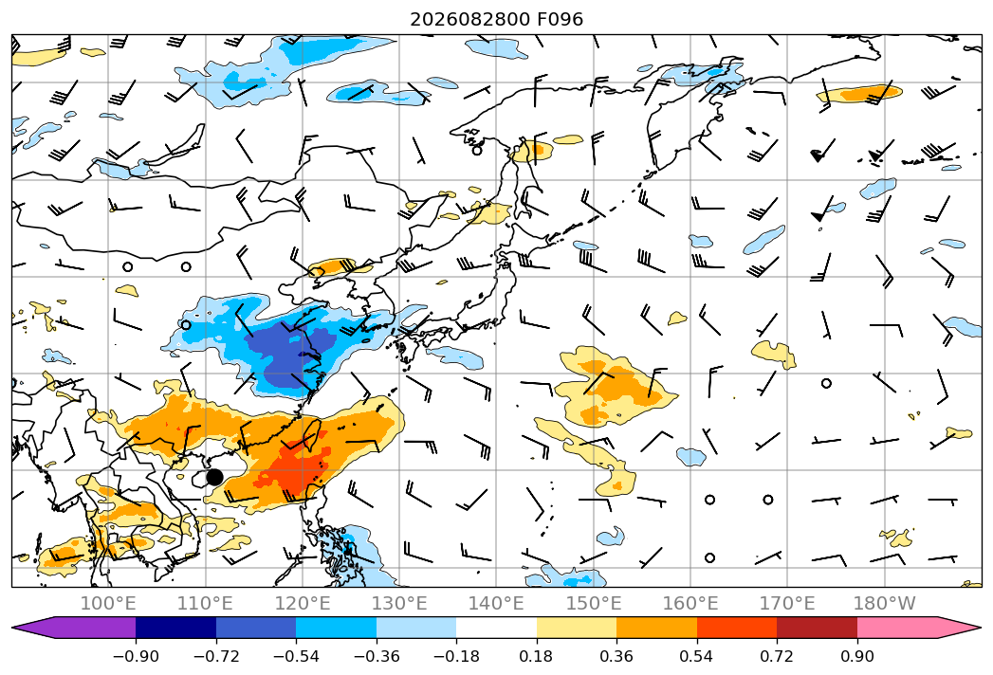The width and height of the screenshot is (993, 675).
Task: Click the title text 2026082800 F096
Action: click(497, 19)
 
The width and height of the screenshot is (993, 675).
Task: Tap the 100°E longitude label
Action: click(108, 603)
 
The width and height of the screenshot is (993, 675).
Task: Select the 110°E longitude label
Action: click(205, 603)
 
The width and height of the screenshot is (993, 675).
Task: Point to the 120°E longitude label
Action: click(303, 603)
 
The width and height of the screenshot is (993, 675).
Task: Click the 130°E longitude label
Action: click(399, 603)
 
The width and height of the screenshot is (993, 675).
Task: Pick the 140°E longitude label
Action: click(496, 603)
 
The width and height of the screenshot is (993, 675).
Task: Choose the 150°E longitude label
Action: click(594, 603)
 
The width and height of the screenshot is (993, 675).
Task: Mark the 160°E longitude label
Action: click(690, 603)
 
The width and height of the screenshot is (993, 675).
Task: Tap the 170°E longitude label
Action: click(787, 603)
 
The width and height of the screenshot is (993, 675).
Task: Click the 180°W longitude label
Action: click(884, 603)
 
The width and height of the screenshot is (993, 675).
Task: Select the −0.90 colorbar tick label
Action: click(136, 656)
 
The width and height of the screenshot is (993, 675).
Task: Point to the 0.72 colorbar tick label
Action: click(777, 656)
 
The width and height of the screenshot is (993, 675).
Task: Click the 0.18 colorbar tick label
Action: click(537, 656)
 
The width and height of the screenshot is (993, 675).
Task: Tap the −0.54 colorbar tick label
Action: click(296, 656)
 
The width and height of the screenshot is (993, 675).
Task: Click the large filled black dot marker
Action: click(214, 477)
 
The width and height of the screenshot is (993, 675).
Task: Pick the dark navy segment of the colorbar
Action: click(175, 628)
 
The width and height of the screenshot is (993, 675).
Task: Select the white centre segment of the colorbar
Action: click(497, 628)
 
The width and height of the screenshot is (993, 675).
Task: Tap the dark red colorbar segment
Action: click(817, 628)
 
